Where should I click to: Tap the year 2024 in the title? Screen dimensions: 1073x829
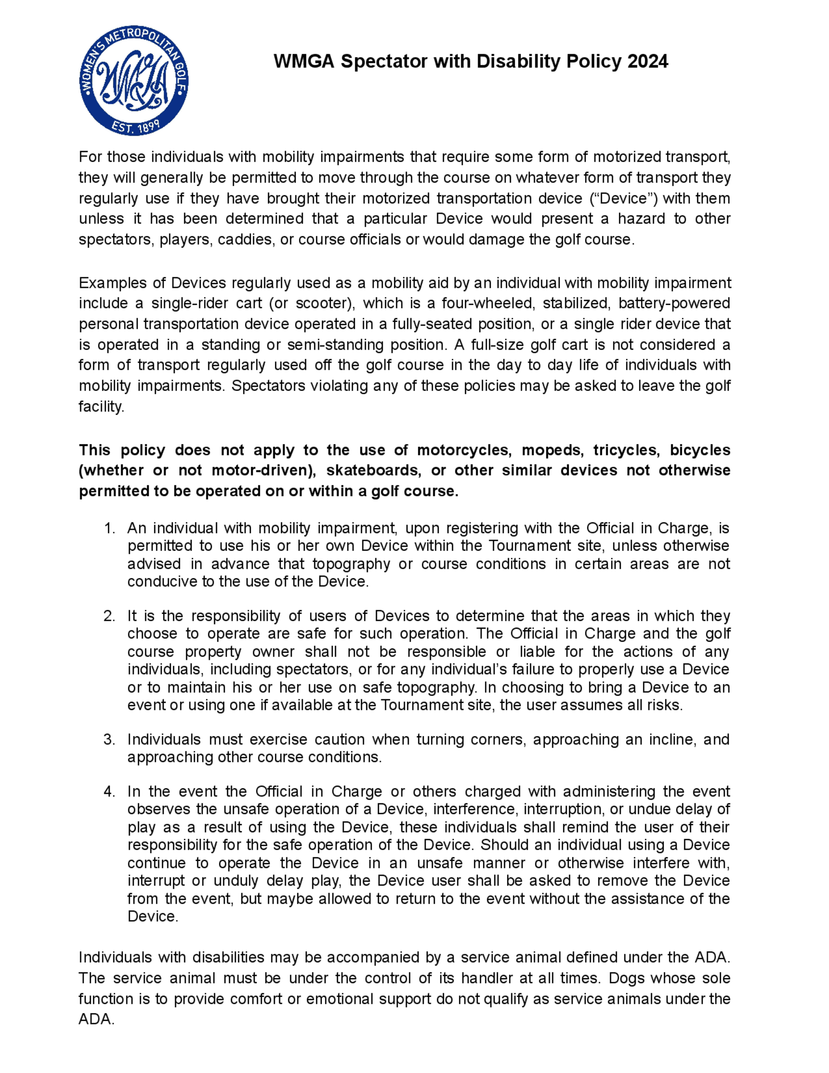pyautogui.click(x=647, y=61)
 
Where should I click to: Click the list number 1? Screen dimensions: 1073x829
pyautogui.click(x=109, y=528)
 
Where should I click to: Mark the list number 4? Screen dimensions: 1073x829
pyautogui.click(x=109, y=791)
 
